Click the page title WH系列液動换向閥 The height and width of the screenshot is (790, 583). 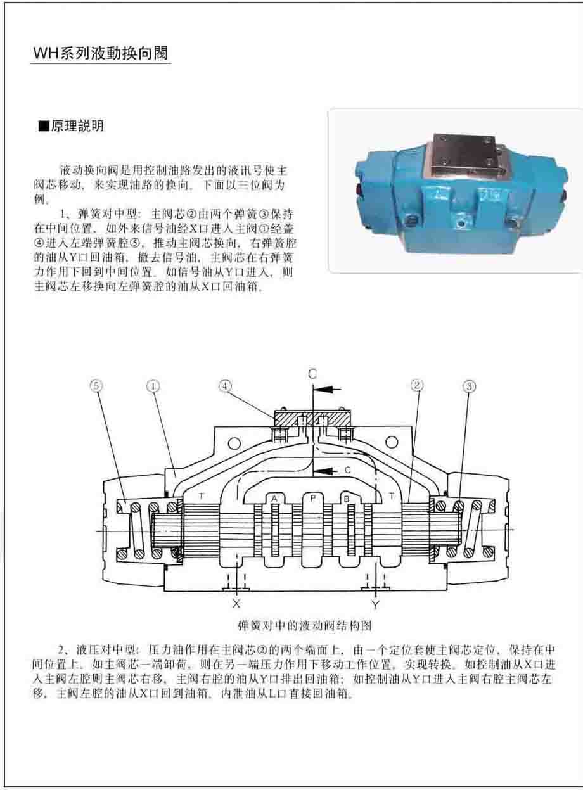[x=100, y=53]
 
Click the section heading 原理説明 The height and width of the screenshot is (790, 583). [x=71, y=125]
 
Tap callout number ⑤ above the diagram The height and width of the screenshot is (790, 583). [x=96, y=386]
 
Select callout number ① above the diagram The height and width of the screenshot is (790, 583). [x=153, y=386]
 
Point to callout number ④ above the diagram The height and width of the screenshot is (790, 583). [x=225, y=386]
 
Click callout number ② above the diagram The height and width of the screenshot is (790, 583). [x=416, y=385]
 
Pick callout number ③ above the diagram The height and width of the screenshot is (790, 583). [x=469, y=386]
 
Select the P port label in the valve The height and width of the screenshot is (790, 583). [x=312, y=498]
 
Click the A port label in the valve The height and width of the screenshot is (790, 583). [x=274, y=499]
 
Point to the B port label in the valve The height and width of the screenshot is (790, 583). [x=347, y=499]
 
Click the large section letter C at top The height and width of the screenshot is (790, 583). [x=312, y=374]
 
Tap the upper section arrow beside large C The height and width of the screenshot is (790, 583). [x=327, y=389]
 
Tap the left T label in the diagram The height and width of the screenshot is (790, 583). [x=202, y=495]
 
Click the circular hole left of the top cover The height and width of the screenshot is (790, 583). [x=234, y=443]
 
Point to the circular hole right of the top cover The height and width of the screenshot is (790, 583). [x=392, y=443]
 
